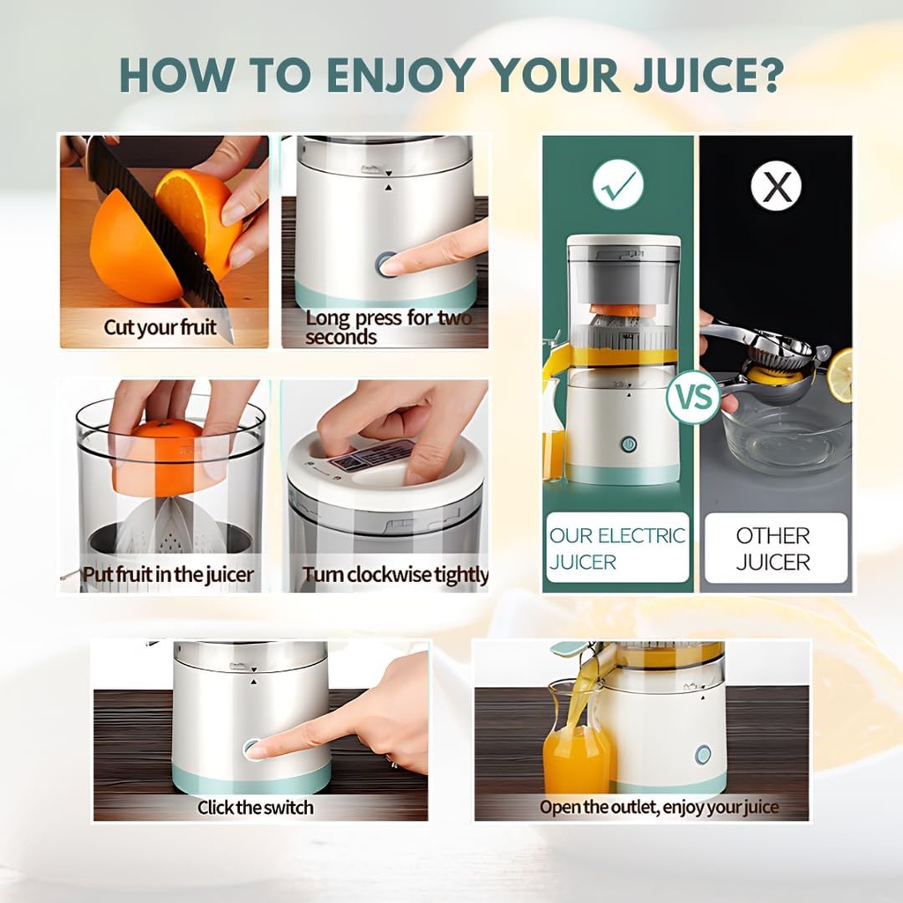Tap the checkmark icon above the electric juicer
[x=617, y=184]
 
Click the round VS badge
[x=692, y=397]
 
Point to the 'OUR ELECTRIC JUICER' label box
[x=617, y=548]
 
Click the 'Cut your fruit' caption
[x=160, y=328]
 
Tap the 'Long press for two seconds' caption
[x=388, y=327]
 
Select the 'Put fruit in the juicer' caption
[x=168, y=575]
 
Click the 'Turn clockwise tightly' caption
[x=395, y=575]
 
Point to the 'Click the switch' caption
[x=255, y=807]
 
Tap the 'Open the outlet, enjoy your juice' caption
[x=659, y=807]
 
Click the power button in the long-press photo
[x=385, y=264]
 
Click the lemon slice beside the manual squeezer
[x=840, y=375]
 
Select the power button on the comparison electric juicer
[x=628, y=444]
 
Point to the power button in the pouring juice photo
[x=703, y=754]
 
